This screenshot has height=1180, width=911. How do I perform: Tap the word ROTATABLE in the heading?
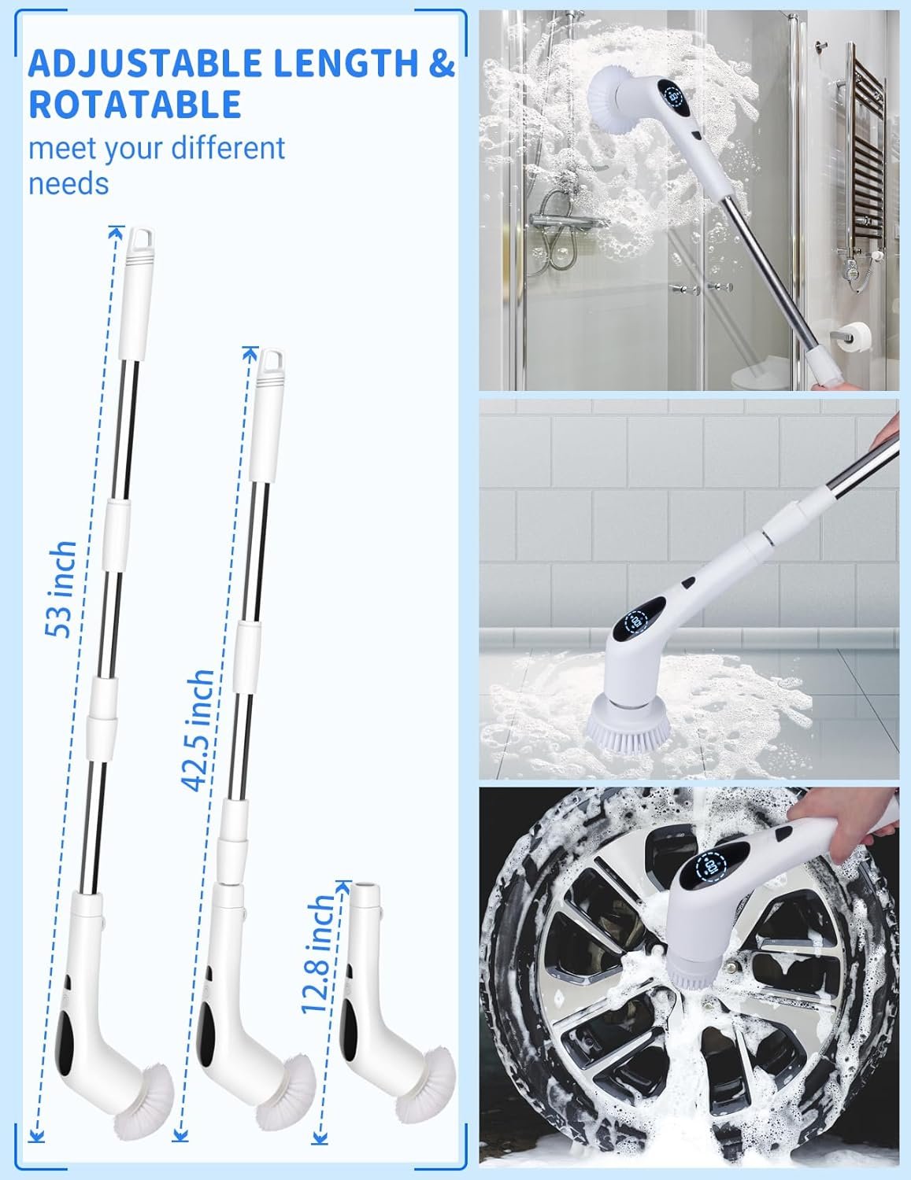tap(135, 104)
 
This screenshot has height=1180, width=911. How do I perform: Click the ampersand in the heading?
tap(442, 64)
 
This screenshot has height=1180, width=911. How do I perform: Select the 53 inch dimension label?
tap(61, 589)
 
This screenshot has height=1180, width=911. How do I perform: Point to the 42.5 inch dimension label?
tap(198, 730)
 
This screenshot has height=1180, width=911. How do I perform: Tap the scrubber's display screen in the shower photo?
tap(676, 98)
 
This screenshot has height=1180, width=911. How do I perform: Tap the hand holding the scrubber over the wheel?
tap(845, 820)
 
